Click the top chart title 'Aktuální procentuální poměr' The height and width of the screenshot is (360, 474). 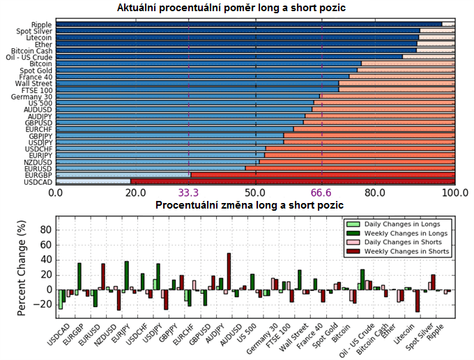point(231,8)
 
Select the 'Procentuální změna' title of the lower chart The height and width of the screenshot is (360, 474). point(249,206)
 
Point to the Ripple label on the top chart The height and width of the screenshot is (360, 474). point(42,24)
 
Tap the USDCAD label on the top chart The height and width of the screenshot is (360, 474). point(38,181)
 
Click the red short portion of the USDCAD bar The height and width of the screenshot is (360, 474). point(293,181)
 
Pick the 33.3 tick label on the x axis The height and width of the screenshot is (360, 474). point(189,193)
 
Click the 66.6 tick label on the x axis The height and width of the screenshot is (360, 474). point(322,193)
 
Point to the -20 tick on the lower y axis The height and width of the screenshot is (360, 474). point(43,305)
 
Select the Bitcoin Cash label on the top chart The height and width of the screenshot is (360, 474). point(32,51)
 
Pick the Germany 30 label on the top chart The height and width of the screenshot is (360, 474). point(33,96)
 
